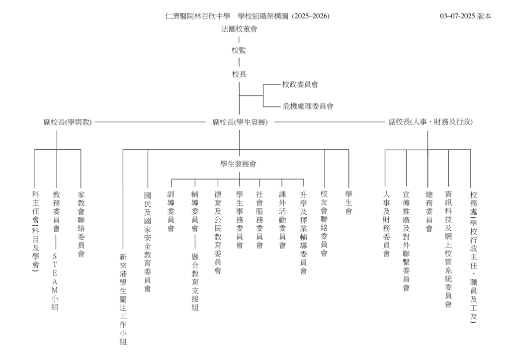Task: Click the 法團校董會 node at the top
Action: click(239, 29)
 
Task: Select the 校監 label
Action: click(239, 50)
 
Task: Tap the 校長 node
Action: click(239, 75)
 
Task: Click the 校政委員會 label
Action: click(300, 85)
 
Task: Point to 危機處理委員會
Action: click(308, 106)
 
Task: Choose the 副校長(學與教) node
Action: click(68, 122)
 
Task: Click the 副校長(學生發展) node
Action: click(240, 122)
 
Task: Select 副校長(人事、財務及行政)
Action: click(430, 122)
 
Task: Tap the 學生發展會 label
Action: click(238, 164)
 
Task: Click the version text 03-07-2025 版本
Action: click(465, 16)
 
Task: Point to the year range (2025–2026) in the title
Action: click(311, 16)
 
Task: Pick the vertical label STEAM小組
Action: click(55, 281)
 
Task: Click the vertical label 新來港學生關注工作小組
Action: click(123, 299)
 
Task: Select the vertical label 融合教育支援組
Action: click(195, 282)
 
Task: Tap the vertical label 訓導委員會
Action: click(171, 211)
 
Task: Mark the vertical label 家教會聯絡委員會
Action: click(81, 224)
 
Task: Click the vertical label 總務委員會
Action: click(429, 211)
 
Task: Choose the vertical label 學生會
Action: click(348, 203)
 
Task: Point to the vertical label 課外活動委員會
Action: click(282, 220)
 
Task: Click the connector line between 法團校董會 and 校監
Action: click(239, 40)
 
